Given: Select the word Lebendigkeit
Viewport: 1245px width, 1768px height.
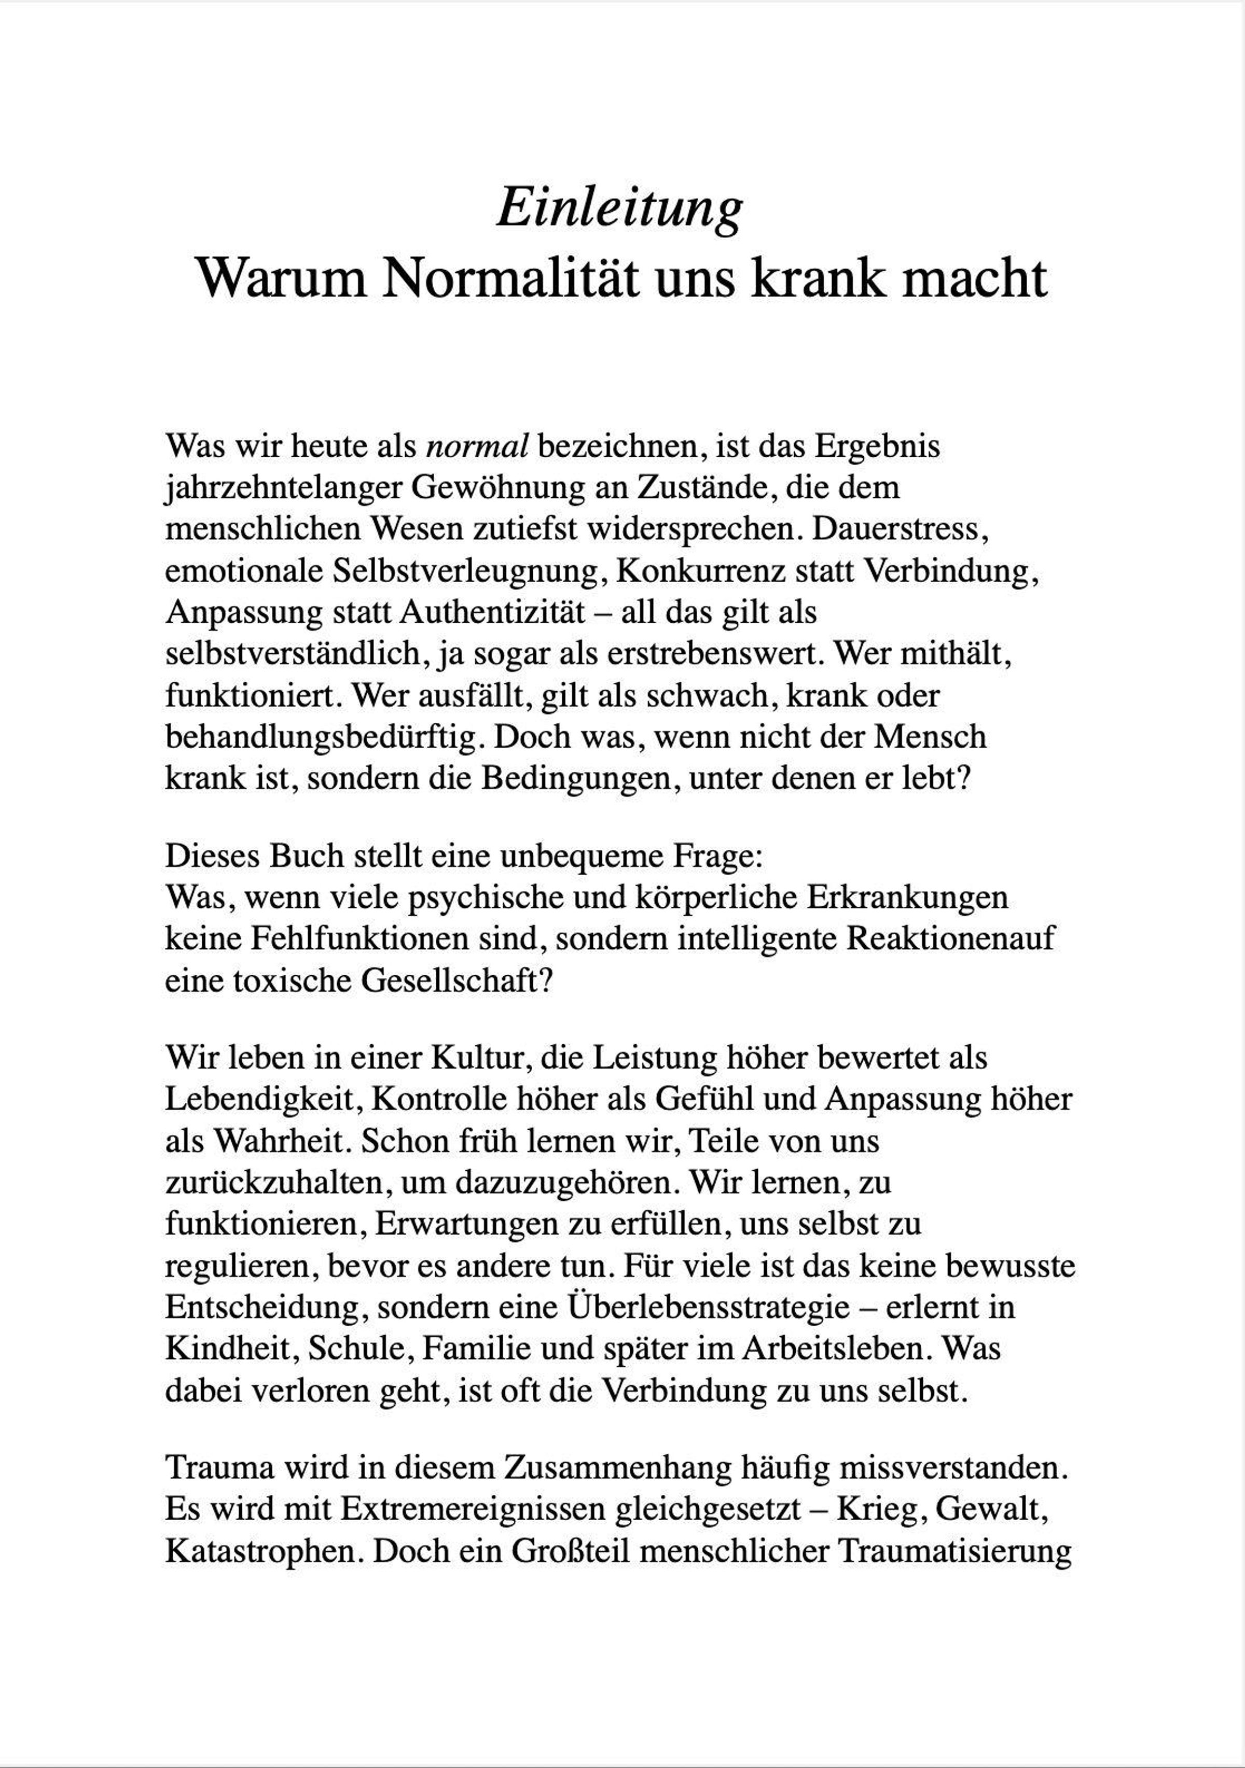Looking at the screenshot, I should click(x=261, y=1100).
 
